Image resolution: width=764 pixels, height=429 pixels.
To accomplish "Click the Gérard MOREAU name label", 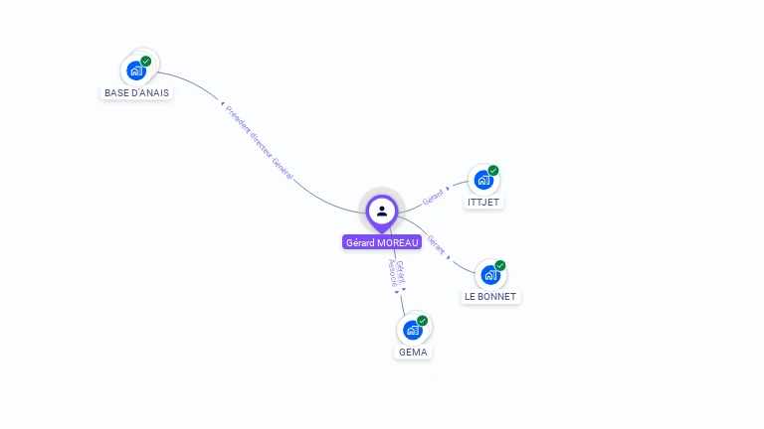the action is (x=382, y=242).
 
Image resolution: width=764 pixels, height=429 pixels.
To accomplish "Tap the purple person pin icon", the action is (x=382, y=211).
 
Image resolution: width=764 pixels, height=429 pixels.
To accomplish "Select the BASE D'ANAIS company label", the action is (x=137, y=93).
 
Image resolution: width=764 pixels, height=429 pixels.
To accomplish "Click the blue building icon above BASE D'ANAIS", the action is (x=135, y=71).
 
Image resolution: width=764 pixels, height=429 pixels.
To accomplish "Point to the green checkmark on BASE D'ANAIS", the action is (x=146, y=62).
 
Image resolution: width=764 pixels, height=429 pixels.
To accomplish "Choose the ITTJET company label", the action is (x=484, y=203).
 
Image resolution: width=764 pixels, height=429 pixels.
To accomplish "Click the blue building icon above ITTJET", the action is (x=483, y=181).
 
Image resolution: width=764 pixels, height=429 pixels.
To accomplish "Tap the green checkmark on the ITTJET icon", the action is (x=493, y=171).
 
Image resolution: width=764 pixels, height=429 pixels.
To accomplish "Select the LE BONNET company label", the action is (x=491, y=297).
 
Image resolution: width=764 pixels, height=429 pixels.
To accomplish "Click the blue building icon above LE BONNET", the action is (x=490, y=275).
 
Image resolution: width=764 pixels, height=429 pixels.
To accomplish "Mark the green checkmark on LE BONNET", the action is (x=500, y=266).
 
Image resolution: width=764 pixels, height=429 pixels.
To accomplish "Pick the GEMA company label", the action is (x=413, y=353).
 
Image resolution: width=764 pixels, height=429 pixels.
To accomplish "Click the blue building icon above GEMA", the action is (x=412, y=331).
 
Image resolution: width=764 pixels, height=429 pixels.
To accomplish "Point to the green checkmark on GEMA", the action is (x=423, y=321).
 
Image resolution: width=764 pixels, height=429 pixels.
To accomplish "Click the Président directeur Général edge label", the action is (x=259, y=141).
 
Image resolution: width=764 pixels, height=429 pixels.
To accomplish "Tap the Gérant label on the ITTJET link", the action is (x=434, y=197).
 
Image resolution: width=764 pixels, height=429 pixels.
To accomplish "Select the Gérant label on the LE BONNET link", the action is (x=437, y=245).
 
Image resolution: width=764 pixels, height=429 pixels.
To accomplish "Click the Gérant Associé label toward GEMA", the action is (x=395, y=274).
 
